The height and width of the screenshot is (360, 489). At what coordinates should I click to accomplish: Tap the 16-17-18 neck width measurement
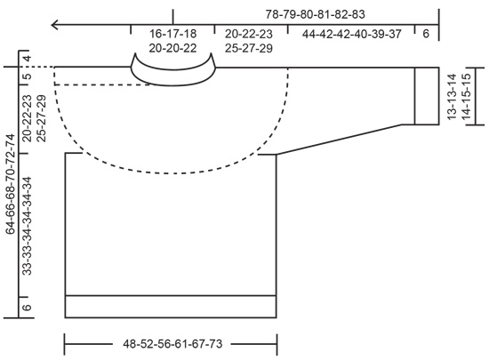[x=173, y=34]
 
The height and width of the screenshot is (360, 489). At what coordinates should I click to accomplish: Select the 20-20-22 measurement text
[x=173, y=47]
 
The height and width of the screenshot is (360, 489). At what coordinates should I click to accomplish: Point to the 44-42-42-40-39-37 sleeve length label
[x=351, y=34]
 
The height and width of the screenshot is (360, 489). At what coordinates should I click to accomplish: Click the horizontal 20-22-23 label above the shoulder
[x=248, y=34]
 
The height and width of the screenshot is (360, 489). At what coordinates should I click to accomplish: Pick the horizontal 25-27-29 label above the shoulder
[x=248, y=47]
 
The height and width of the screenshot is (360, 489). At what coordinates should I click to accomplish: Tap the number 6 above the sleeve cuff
[x=426, y=34]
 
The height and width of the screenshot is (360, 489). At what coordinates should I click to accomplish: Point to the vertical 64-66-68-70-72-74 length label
[x=10, y=183]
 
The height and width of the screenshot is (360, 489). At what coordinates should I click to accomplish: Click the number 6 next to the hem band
[x=26, y=307]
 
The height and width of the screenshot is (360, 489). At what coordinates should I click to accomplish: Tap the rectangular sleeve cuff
[x=426, y=96]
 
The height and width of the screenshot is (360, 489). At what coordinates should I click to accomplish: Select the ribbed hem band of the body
[x=171, y=306]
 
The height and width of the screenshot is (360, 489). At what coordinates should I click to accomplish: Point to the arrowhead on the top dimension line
[x=55, y=25]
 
